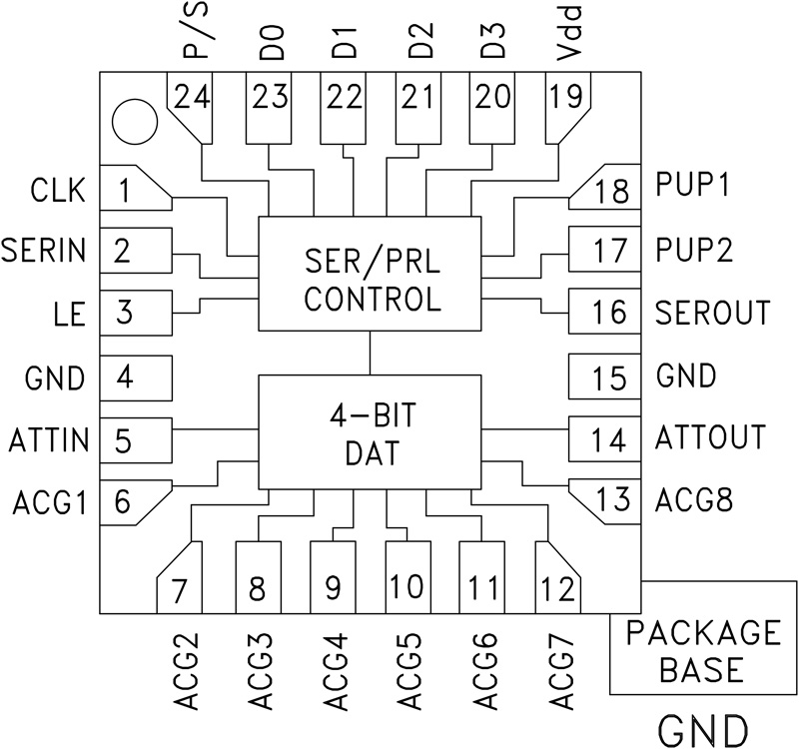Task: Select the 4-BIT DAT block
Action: (371, 432)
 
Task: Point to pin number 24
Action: (191, 97)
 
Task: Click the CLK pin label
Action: (59, 190)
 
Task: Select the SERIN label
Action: (44, 250)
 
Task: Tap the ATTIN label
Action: (49, 438)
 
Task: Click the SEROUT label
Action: (713, 312)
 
